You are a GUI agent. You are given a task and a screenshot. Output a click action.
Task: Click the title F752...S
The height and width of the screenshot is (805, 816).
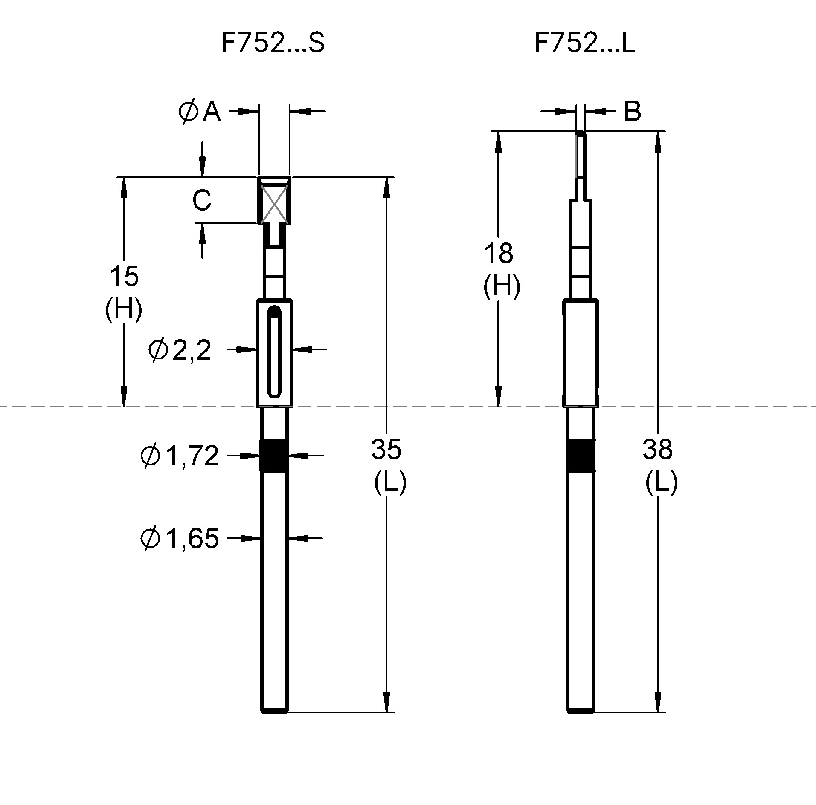point(273,43)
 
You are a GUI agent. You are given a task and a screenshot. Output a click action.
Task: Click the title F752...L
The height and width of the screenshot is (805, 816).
point(584,43)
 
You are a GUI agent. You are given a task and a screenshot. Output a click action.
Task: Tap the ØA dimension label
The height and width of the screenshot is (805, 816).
point(200,112)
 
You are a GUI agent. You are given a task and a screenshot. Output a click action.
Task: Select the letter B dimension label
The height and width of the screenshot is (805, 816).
point(632,112)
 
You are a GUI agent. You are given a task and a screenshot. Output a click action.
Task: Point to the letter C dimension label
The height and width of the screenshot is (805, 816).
point(201,200)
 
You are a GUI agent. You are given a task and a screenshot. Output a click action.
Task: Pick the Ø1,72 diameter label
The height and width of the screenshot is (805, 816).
point(180,456)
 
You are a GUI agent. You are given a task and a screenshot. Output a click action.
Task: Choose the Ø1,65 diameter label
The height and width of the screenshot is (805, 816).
point(180,538)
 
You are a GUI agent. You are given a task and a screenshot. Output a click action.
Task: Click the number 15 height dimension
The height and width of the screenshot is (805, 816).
point(124,276)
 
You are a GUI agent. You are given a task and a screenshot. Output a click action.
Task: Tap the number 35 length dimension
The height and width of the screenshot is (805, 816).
point(386,449)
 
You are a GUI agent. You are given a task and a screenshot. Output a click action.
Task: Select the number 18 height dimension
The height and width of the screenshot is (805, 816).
point(498,253)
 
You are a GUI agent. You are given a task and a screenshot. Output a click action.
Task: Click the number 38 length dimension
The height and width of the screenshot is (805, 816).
point(657,449)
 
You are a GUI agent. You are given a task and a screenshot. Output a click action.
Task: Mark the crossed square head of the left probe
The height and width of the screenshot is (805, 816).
point(274,200)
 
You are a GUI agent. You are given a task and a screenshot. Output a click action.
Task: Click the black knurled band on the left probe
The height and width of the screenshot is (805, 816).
point(274,456)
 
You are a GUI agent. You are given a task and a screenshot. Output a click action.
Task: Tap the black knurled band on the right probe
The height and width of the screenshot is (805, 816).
point(580,455)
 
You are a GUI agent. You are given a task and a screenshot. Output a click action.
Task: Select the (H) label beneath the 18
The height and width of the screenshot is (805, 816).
point(501,286)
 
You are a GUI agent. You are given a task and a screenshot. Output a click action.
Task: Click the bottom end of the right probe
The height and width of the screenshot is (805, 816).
point(580,710)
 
